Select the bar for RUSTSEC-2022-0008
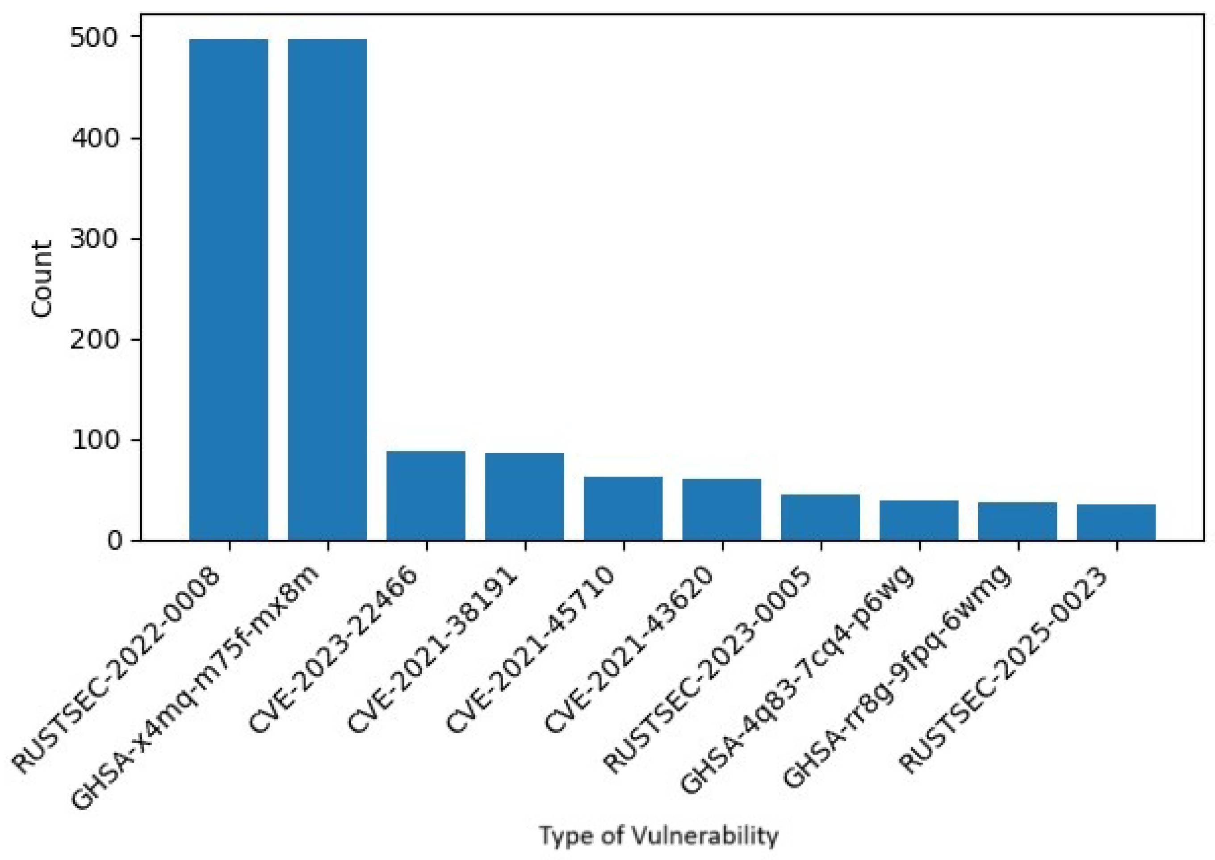(228, 290)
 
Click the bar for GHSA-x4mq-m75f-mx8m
(327, 290)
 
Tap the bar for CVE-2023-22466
(426, 496)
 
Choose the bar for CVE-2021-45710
(623, 509)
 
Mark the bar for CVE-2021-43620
(721, 509)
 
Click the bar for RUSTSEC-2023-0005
(820, 518)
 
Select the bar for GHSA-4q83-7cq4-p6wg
(919, 520)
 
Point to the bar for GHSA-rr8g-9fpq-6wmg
(1018, 521)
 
